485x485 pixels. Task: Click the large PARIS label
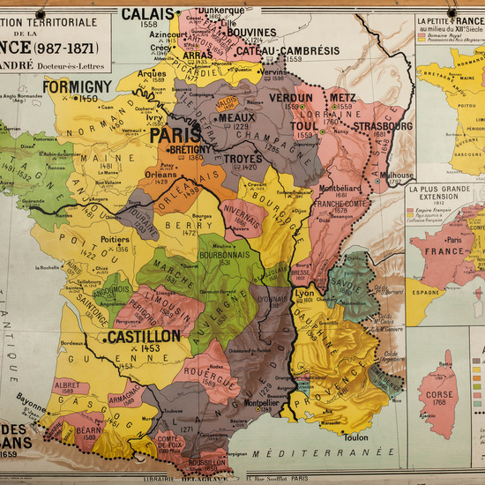175,135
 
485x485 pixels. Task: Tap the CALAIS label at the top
146,13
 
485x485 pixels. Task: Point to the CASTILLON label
144,336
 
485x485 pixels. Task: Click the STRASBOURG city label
384,126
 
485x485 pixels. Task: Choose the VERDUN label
290,98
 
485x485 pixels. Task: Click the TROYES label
243,159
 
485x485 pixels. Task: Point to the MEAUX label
235,117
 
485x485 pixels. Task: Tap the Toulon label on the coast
356,436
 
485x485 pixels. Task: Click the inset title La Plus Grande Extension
446,190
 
